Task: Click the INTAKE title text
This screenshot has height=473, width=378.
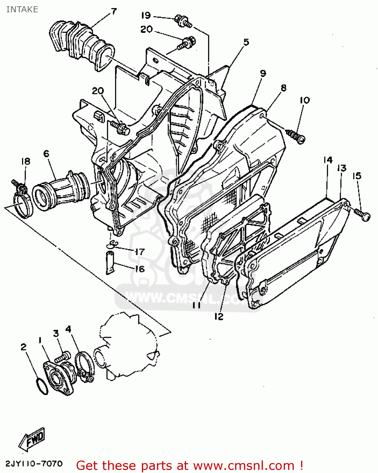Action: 22,9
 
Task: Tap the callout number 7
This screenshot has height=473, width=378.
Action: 113,12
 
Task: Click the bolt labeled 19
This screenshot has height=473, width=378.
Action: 183,20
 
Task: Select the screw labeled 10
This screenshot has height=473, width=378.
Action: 297,136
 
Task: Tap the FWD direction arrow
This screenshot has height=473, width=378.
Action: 32,439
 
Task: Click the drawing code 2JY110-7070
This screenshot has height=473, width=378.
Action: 34,464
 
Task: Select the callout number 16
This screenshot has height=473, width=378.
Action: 139,269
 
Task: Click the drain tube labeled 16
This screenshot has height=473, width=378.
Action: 110,262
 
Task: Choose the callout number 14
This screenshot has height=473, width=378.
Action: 328,160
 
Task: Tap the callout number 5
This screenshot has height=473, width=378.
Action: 246,42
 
